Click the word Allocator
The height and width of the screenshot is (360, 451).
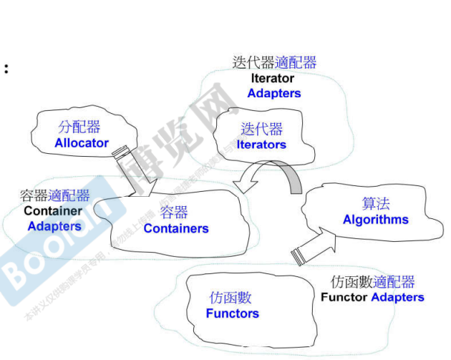(x=82, y=142)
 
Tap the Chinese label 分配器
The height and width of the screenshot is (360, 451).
(x=79, y=127)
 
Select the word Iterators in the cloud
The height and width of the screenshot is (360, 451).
(x=261, y=145)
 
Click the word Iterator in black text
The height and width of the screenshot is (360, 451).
(x=272, y=78)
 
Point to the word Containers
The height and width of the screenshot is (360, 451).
(x=176, y=228)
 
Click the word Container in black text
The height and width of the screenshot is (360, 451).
(x=53, y=211)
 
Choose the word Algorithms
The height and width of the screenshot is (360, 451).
(x=376, y=220)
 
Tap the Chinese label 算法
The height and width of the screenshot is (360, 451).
(x=376, y=204)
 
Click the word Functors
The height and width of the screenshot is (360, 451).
(x=232, y=313)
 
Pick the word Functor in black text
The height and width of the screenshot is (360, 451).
(x=344, y=297)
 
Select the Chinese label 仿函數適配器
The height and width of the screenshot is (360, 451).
(x=373, y=282)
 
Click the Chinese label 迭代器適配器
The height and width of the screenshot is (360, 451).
(x=274, y=62)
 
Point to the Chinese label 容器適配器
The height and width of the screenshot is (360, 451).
(x=55, y=195)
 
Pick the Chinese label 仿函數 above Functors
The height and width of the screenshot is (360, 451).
(x=231, y=298)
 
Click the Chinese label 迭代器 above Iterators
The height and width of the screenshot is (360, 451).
(x=261, y=129)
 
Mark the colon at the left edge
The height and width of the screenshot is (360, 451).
(x=6, y=69)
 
